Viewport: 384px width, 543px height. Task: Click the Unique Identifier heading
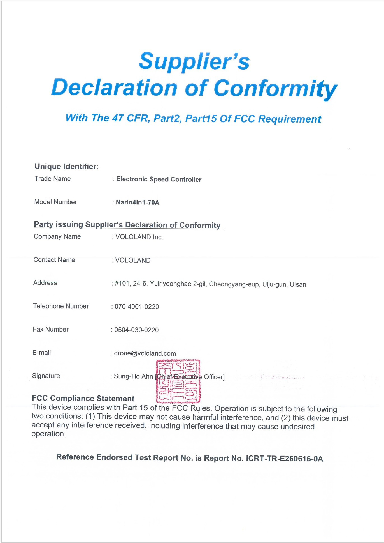67,166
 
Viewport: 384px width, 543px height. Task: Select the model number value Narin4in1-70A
138,202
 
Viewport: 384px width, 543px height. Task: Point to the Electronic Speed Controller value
159,179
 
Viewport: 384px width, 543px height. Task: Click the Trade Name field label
53,179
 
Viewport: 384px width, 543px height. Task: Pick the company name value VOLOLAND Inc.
139,237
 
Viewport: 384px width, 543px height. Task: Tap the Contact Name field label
54,260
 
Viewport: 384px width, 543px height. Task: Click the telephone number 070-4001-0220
137,307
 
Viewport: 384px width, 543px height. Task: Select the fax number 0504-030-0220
136,330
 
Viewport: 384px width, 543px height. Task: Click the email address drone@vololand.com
145,353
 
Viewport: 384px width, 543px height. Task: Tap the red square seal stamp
178,381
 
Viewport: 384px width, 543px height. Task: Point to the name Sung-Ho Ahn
133,376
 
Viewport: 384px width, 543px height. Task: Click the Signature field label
46,376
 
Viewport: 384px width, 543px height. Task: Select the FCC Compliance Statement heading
83,398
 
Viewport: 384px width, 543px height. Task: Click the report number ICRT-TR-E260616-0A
284,459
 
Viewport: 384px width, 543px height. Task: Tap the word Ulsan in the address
298,284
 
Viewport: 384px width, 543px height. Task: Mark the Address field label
45,283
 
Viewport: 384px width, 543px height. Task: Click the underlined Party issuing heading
127,225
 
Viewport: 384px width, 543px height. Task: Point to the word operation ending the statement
48,434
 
